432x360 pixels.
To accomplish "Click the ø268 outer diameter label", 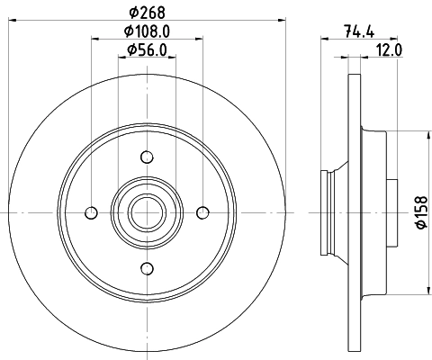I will point(147,12).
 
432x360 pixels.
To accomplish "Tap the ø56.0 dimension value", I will point(147,49).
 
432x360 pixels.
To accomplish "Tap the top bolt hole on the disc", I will point(146,157).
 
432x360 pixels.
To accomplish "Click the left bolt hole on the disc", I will point(90,212).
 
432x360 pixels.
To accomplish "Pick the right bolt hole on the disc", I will point(202,212).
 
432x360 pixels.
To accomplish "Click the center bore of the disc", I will point(146,212).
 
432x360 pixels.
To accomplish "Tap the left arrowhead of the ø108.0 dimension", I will point(94,40).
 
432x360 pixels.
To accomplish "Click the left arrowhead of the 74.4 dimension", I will point(324,40).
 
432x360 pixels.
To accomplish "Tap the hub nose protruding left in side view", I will point(329,212).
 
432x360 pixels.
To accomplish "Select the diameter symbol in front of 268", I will point(133,12).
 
